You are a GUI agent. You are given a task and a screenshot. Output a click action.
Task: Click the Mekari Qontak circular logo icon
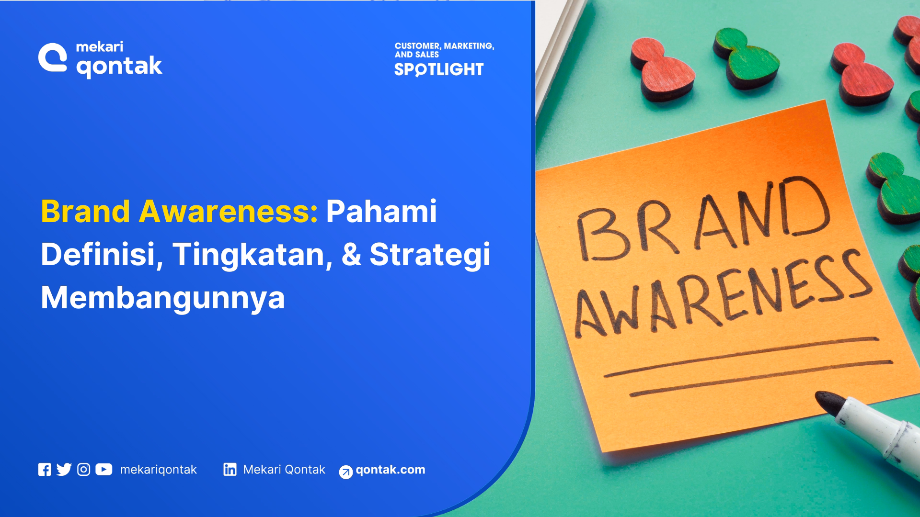[x=53, y=57]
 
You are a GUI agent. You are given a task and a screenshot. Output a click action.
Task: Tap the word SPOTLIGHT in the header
[x=439, y=69]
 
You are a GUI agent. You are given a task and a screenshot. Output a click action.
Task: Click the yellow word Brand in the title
[x=85, y=211]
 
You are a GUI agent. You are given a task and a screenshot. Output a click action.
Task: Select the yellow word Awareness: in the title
[x=228, y=211]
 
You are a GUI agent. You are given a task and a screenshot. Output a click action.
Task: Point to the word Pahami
[x=381, y=211]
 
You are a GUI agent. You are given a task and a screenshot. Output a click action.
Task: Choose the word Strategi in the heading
[x=430, y=255]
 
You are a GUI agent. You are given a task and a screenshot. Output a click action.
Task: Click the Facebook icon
[x=45, y=470]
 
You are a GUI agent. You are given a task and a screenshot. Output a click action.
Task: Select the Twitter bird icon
[x=64, y=470]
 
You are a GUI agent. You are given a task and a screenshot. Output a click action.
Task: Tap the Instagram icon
[x=83, y=470]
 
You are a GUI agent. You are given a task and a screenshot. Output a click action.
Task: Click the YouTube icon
[x=103, y=470]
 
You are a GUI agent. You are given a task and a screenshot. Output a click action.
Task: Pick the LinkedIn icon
[x=230, y=470]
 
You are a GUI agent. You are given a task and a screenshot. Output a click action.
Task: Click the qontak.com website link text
[x=390, y=470]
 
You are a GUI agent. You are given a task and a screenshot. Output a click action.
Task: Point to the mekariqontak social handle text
[x=158, y=470]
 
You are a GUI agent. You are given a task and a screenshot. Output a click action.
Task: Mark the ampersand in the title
[x=351, y=254]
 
